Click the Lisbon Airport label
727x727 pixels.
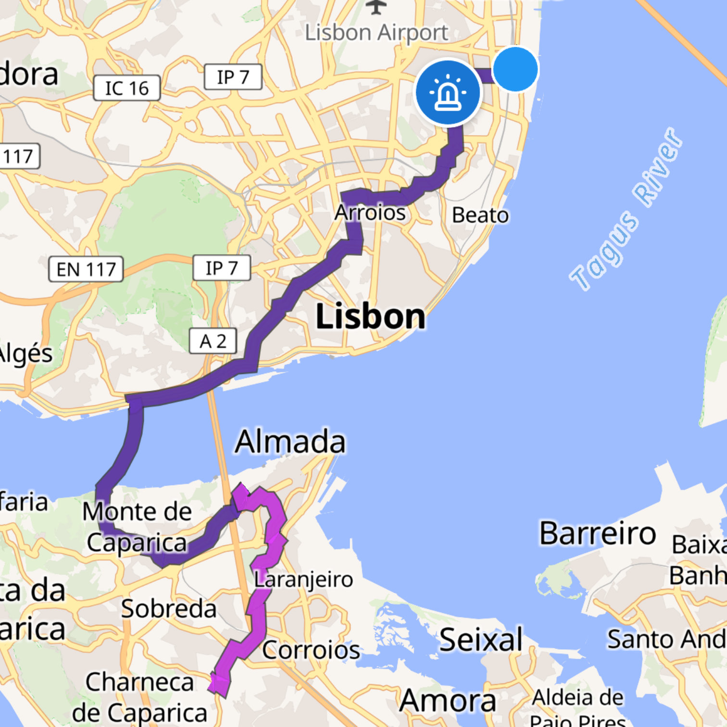tap(376, 33)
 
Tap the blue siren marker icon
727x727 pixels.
tap(448, 92)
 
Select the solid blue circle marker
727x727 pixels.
tap(515, 69)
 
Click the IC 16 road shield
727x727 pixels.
tap(126, 88)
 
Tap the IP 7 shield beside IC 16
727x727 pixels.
tap(233, 77)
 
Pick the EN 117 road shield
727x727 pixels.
tap(86, 269)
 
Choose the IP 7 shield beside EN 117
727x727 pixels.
tap(222, 268)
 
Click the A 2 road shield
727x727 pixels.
tap(213, 341)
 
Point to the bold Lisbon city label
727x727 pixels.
tap(370, 317)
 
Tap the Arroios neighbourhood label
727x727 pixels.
tap(370, 213)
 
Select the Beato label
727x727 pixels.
tap(480, 215)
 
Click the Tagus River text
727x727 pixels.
tap(626, 209)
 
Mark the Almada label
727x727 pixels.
tap(290, 441)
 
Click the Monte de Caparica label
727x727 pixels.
tap(137, 526)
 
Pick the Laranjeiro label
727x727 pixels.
tap(303, 579)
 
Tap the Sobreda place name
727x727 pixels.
tap(169, 609)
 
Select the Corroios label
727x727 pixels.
tap(311, 650)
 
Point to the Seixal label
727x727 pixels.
tap(481, 640)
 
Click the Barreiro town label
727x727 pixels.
tap(598, 533)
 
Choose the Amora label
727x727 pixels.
tap(448, 701)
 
